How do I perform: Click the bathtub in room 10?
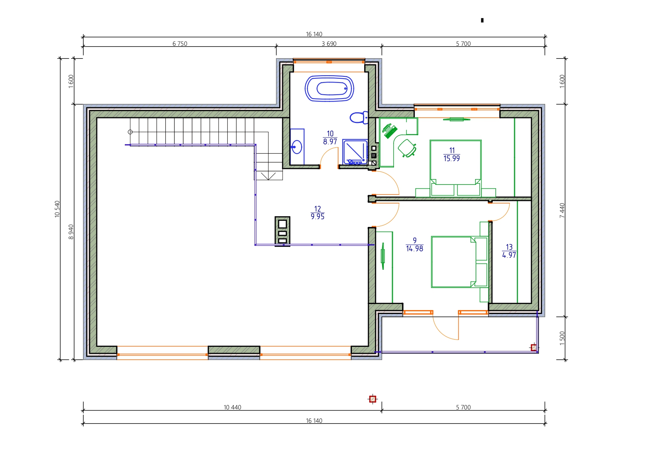tap(329, 89)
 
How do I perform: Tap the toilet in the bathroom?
tap(359, 118)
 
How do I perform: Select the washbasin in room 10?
tap(297, 147)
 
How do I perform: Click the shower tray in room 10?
tap(355, 152)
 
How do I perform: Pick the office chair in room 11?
tap(407, 148)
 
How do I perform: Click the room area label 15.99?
tap(451, 159)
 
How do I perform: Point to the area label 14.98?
tap(414, 249)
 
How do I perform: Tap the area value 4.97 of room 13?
tap(509, 255)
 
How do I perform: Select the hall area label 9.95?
tap(318, 217)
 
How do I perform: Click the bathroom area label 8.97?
tap(330, 142)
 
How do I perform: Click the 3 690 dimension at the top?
tap(329, 44)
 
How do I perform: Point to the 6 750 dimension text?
tap(180, 44)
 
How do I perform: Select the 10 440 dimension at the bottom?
tap(232, 407)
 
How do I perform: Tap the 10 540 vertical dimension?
tap(57, 209)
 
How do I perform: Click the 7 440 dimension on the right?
tap(562, 210)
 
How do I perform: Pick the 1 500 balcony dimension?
tap(562, 338)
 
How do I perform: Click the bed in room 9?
tap(459, 262)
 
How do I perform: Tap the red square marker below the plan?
tap(373, 399)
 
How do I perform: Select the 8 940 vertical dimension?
tap(71, 232)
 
